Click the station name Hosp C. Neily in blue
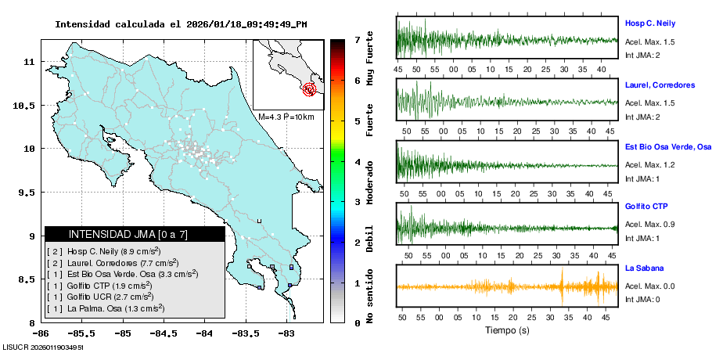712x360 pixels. [x=649, y=23]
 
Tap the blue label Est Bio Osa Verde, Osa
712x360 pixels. [x=667, y=146]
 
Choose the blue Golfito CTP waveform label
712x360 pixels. [x=645, y=206]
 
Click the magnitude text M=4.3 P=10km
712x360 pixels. [x=286, y=117]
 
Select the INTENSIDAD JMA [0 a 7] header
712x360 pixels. [x=135, y=234]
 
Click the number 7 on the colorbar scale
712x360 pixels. [x=356, y=39]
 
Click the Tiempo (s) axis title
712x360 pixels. [x=506, y=330]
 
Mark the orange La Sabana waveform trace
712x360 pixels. [x=506, y=286]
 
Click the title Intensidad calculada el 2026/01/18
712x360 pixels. [x=181, y=23]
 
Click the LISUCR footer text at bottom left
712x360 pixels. [x=43, y=346]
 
